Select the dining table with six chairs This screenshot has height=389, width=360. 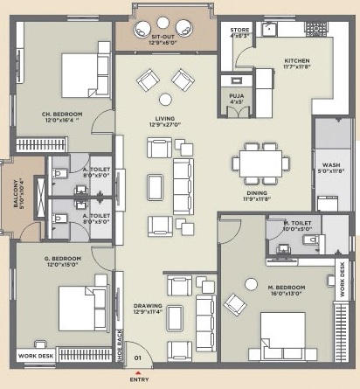point(261,163)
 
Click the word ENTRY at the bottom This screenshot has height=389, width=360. point(138,380)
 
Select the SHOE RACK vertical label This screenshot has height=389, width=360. point(121,346)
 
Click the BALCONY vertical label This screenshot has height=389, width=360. point(15,190)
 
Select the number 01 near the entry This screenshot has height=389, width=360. point(136,357)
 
